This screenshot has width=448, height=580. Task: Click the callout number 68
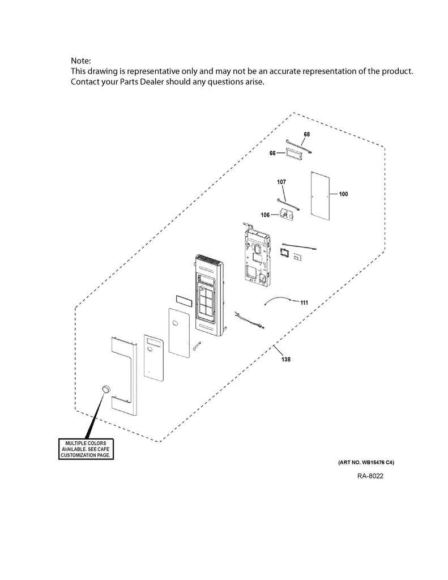(306, 134)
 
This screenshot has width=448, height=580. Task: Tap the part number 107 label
(281, 182)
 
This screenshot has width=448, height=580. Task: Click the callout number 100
(343, 194)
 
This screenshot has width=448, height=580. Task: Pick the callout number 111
(304, 303)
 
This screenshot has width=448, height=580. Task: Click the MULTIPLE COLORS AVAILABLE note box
(88, 448)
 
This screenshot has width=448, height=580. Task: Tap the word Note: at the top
(80, 61)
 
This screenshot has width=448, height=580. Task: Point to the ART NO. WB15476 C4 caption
(362, 463)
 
